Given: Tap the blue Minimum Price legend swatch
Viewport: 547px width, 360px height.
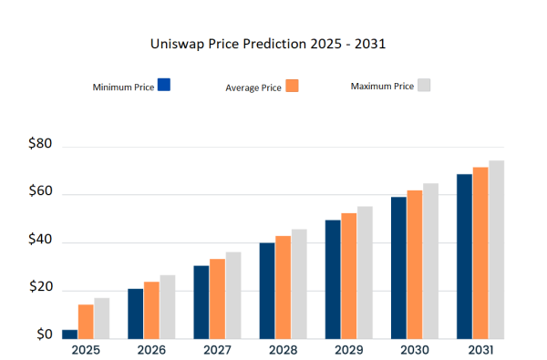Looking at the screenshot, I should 164,85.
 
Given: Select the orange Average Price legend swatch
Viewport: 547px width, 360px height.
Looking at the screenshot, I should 292,86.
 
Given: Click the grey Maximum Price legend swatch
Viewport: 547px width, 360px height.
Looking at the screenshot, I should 423,85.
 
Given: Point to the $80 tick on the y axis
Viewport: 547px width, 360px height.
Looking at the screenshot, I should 40,145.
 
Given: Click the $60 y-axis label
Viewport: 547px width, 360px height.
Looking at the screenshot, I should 40,193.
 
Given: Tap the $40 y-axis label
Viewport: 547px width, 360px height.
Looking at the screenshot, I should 40,242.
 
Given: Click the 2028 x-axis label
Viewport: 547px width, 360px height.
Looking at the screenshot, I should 284,350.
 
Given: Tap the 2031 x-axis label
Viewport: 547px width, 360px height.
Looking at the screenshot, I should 480,350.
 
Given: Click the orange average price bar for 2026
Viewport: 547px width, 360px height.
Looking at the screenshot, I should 151,310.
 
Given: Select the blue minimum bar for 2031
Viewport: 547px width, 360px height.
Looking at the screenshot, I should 464,256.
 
